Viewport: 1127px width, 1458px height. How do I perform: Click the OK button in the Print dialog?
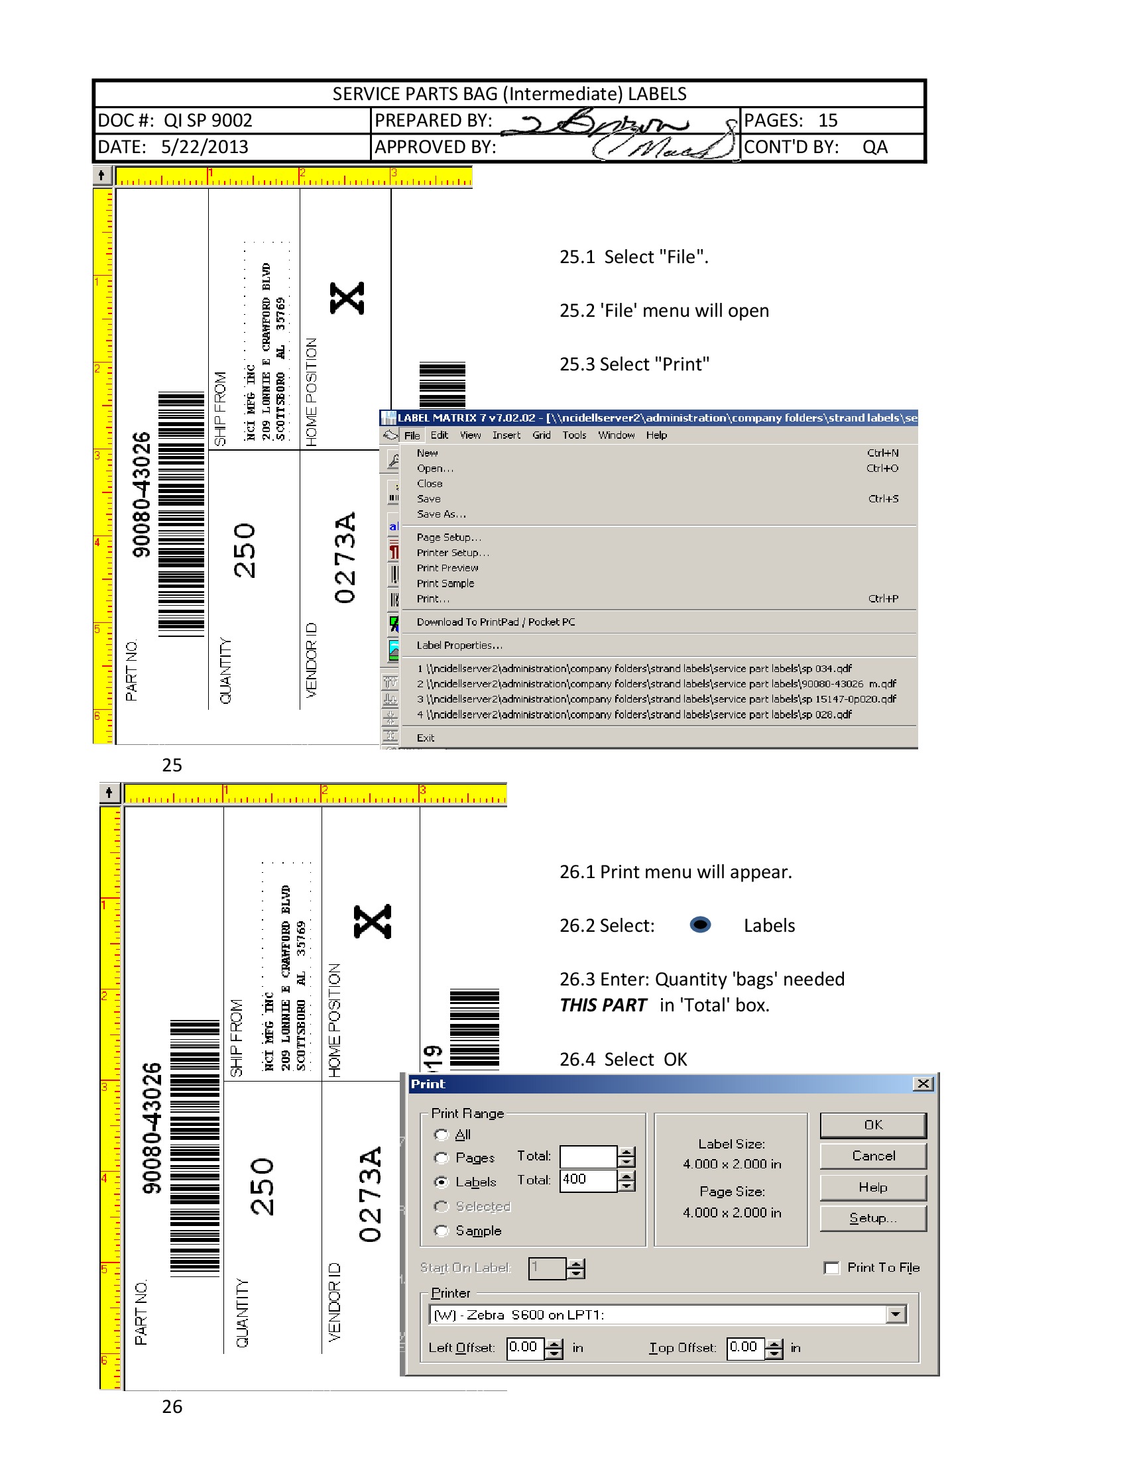pyautogui.click(x=872, y=1125)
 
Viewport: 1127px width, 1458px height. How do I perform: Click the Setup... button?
pyautogui.click(x=872, y=1218)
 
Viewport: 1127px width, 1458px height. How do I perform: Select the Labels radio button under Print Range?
pyautogui.click(x=441, y=1182)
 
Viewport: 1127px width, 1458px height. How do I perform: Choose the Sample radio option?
pyautogui.click(x=441, y=1231)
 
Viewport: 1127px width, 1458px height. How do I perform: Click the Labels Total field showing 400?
pyautogui.click(x=587, y=1180)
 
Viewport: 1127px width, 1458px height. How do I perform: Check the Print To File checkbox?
pyautogui.click(x=831, y=1268)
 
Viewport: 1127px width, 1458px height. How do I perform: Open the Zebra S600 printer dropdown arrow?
pyautogui.click(x=896, y=1314)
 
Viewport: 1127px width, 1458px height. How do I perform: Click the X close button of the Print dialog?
pyautogui.click(x=923, y=1084)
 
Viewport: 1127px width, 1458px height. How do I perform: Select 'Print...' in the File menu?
pyautogui.click(x=433, y=599)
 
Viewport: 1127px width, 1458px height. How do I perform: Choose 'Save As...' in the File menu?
pyautogui.click(x=441, y=514)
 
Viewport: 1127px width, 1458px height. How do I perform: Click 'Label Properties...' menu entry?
pyautogui.click(x=459, y=645)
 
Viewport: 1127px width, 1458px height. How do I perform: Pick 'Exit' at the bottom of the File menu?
pyautogui.click(x=426, y=738)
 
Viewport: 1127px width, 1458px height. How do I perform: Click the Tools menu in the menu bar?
pyautogui.click(x=573, y=435)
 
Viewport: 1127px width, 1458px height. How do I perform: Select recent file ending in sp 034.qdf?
pyautogui.click(x=634, y=668)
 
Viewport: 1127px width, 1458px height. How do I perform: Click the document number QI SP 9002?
pyautogui.click(x=208, y=121)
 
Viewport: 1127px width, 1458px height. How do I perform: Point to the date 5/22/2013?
pyautogui.click(x=204, y=147)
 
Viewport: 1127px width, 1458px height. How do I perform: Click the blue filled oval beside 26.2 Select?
pyautogui.click(x=699, y=925)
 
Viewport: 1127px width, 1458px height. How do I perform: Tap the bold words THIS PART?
pyautogui.click(x=603, y=1005)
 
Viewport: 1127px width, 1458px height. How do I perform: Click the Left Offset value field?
pyautogui.click(x=525, y=1347)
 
